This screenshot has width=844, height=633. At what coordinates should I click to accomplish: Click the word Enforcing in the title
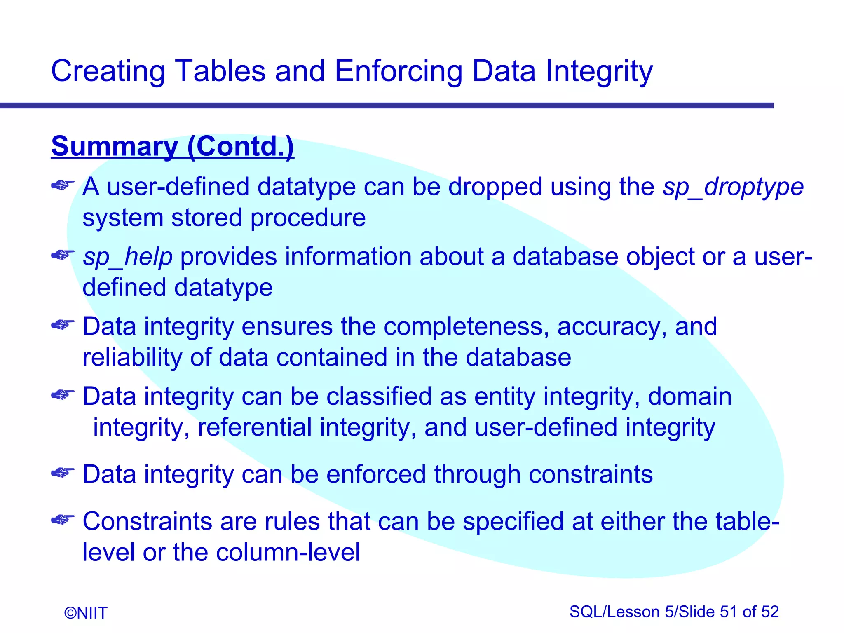(x=399, y=71)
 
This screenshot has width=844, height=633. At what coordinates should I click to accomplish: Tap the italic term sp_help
(x=127, y=257)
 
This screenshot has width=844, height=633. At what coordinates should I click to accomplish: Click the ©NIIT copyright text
(x=86, y=613)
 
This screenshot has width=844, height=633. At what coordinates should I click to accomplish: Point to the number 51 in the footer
(x=729, y=612)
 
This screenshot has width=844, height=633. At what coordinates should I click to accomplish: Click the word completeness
(x=466, y=326)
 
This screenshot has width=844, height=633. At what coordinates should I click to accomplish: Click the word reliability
(x=132, y=357)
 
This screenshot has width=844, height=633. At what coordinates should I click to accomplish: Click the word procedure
(x=308, y=218)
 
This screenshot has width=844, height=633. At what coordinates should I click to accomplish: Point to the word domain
(x=689, y=396)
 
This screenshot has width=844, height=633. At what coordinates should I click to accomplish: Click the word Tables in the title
(x=220, y=71)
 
